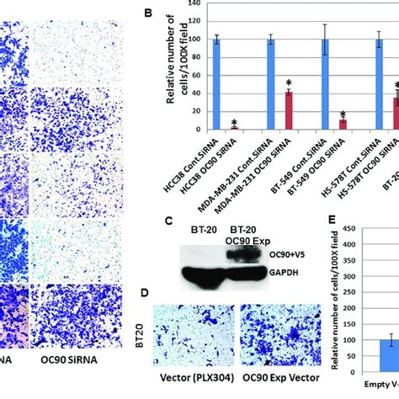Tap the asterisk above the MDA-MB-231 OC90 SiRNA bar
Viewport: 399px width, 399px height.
(288, 83)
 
